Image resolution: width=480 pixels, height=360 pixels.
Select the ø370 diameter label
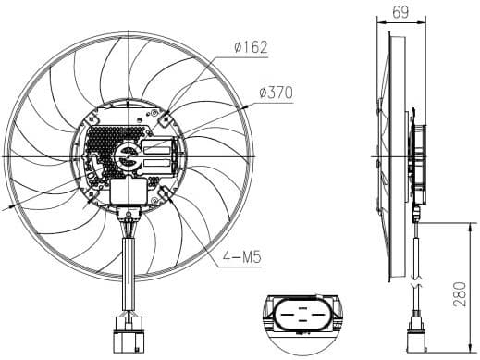277,93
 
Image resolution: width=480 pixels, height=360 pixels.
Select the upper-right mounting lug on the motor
165,118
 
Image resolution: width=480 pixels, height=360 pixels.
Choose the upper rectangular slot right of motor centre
158,147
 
